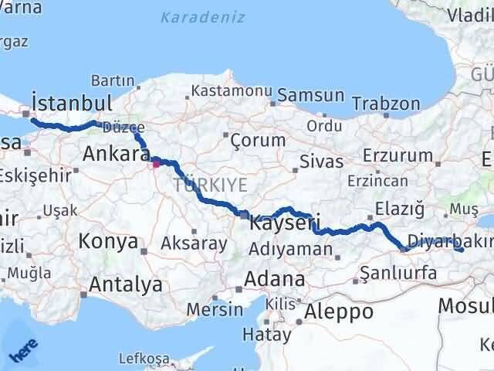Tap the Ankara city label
click(110, 154)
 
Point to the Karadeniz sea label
click(202, 17)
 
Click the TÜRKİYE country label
click(210, 185)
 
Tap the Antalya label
click(126, 284)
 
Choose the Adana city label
click(274, 278)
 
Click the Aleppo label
click(339, 311)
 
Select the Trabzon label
click(386, 104)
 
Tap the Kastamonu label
click(228, 91)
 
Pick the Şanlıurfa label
click(399, 273)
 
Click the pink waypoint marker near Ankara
click(155, 162)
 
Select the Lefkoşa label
click(144, 359)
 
